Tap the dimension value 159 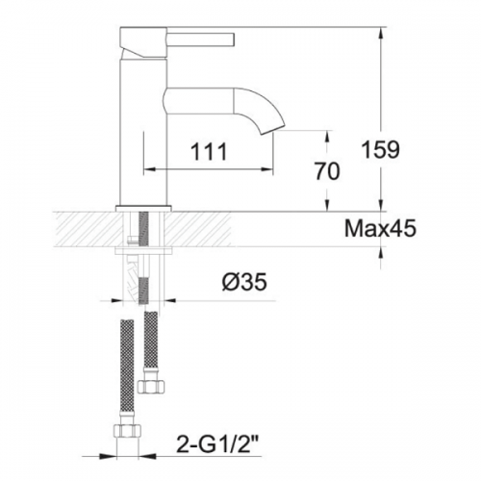pos(381,149)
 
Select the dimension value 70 pos(326,171)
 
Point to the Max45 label pos(380,229)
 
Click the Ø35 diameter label pos(244,282)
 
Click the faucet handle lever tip pos(233,39)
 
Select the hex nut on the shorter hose pos(151,386)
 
